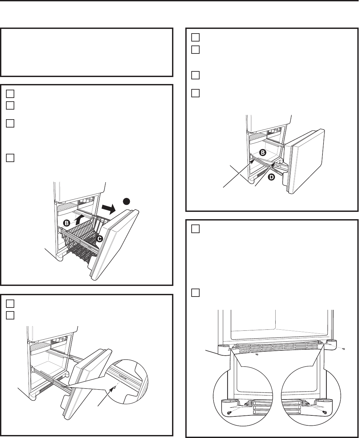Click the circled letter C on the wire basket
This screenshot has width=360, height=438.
(100, 239)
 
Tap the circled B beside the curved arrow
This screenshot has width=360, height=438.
(67, 223)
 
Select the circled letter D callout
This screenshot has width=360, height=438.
(271, 177)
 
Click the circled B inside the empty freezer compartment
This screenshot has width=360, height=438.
(263, 153)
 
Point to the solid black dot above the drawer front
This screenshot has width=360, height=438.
(126, 201)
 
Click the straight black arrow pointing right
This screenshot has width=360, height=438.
(109, 209)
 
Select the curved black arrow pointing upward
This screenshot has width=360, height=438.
(80, 220)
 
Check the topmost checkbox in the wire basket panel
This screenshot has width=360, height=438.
(10, 94)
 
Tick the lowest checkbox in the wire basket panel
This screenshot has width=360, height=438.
(10, 158)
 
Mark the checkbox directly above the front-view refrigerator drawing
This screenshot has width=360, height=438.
(195, 293)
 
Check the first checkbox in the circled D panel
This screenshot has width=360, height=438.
(195, 38)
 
